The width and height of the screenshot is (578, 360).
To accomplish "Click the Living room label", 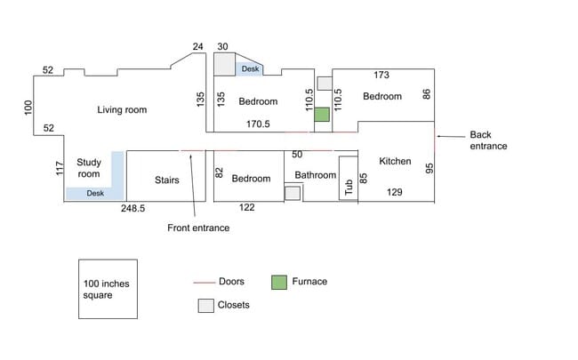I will (122, 110).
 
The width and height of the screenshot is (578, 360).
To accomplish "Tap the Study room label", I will (89, 168).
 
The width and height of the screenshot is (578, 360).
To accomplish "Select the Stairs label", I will (166, 180).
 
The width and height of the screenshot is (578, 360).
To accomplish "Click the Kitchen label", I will (395, 161).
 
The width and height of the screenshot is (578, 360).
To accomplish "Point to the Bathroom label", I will (316, 175).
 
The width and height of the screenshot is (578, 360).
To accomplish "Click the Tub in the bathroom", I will (348, 186).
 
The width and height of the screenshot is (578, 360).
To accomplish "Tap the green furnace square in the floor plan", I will (322, 115).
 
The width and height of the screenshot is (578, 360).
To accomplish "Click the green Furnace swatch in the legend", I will (279, 283).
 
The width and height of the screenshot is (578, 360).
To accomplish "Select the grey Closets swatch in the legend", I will (205, 306).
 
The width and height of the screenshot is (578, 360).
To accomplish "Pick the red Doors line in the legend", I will (205, 283).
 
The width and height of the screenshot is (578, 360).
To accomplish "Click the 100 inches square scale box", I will (106, 289).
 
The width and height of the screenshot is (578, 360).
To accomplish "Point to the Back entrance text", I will (488, 140).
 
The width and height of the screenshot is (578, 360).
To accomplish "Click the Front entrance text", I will (198, 228).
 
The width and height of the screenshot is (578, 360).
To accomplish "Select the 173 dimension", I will (381, 76).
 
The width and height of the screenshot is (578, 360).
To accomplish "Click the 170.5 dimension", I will (258, 124).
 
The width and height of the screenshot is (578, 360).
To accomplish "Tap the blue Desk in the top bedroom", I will (250, 68).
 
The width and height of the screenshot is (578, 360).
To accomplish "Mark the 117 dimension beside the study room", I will (60, 168).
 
